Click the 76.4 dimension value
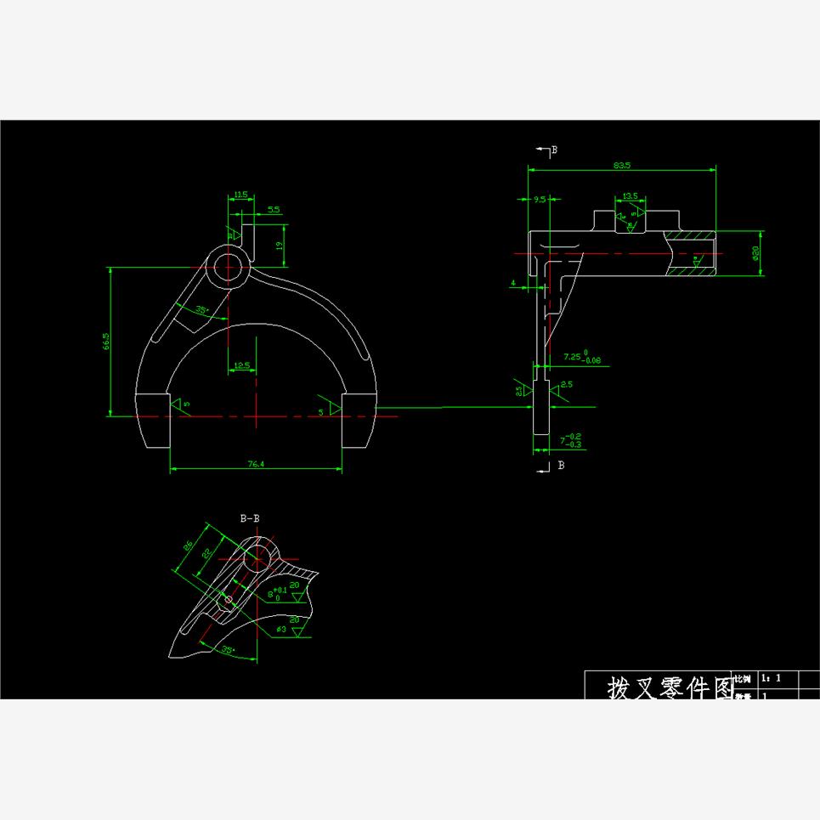255,464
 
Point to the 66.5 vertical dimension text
105,341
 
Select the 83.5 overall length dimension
621,165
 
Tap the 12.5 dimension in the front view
241,365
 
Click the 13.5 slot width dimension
630,196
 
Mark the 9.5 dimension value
540,201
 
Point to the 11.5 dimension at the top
240,195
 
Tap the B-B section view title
250,517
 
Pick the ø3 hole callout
280,630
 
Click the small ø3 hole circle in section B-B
228,600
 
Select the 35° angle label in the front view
202,309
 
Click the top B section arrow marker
545,150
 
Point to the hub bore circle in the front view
228,267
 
